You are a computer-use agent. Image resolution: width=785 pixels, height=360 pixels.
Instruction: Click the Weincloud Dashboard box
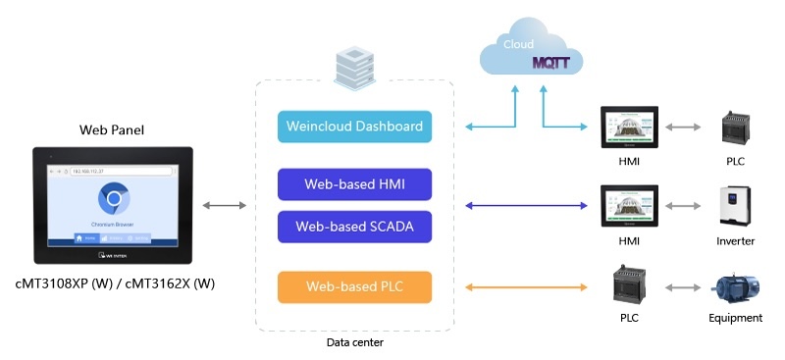point(354,127)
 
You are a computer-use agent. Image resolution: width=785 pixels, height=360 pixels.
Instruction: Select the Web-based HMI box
point(354,183)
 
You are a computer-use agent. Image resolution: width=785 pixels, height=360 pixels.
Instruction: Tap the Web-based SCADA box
point(354,227)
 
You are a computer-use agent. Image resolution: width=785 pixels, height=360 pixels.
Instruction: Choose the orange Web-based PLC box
point(354,286)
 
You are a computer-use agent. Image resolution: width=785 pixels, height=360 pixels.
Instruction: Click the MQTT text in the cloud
point(556,63)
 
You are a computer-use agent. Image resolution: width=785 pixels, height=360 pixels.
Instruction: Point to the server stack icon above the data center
point(354,63)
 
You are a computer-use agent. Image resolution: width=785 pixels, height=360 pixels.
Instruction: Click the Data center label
point(354,342)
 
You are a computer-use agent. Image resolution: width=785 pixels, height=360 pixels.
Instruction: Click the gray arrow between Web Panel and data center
point(225,206)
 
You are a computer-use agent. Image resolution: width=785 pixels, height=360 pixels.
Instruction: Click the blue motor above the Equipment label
point(735,286)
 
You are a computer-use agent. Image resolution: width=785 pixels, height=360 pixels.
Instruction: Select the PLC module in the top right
point(735,127)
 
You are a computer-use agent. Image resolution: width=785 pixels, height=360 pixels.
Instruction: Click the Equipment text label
point(735,318)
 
